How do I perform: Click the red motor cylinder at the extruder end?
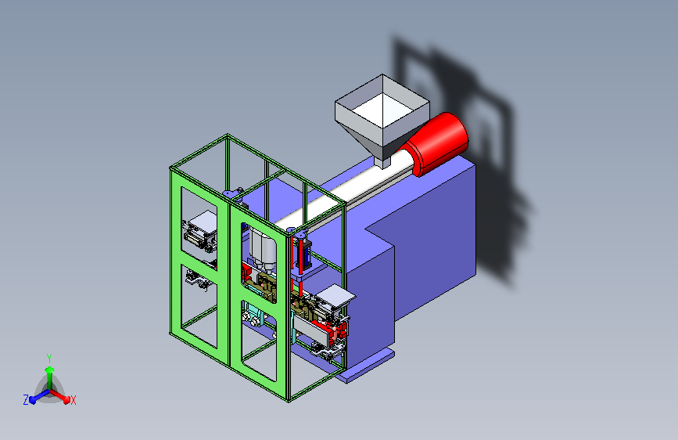click(x=438, y=144)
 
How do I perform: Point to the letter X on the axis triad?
click(x=73, y=400)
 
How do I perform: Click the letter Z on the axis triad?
click(x=26, y=400)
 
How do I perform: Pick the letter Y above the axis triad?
click(x=49, y=359)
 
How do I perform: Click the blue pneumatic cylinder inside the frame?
click(x=307, y=254)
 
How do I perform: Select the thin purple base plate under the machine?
click(x=365, y=366)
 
